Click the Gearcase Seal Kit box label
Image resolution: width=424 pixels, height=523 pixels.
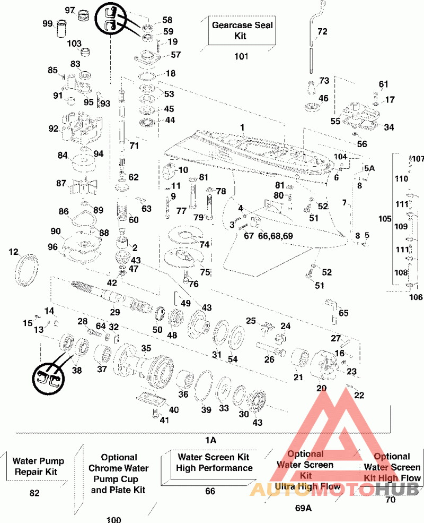(242, 31)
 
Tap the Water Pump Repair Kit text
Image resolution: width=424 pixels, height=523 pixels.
(35, 466)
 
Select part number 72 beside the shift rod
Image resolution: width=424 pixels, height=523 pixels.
(322, 32)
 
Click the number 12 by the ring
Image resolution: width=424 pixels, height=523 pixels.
(14, 251)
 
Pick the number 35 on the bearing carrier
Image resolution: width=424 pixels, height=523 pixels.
(146, 348)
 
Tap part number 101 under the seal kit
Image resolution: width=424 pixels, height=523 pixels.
(241, 57)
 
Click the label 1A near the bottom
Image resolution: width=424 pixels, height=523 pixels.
(211, 440)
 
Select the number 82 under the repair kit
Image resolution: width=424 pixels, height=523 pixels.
(34, 493)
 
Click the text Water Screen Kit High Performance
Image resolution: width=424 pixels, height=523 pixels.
(215, 462)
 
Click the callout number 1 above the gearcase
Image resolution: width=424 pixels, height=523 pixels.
(242, 127)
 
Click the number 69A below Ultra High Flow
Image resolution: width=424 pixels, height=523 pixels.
(303, 508)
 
